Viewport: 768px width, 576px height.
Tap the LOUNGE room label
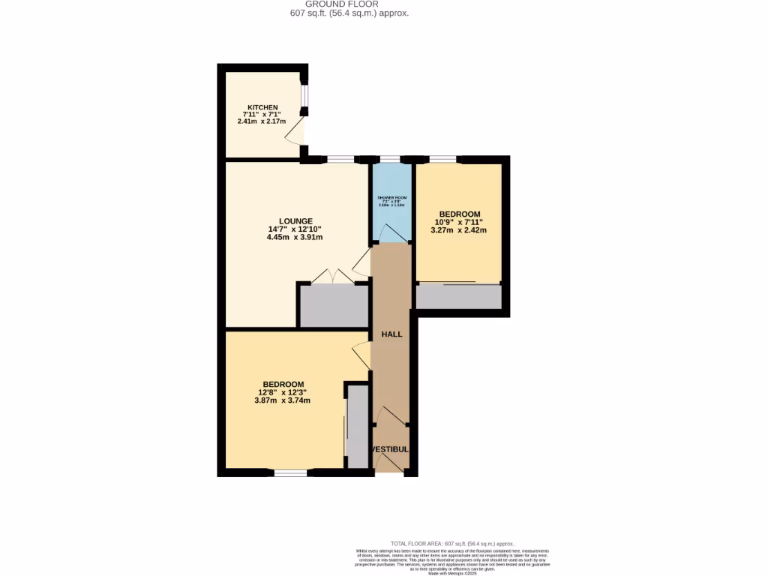[295, 220]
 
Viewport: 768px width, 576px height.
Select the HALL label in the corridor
[391, 334]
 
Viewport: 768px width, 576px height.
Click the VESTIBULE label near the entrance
[391, 449]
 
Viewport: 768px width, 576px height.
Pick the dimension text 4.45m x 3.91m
[295, 238]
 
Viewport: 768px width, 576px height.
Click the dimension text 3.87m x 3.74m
[283, 400]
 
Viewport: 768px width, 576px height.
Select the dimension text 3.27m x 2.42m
[459, 230]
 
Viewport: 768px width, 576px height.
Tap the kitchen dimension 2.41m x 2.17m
[262, 121]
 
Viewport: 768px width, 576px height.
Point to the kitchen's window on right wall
[304, 97]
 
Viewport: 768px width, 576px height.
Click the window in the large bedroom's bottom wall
[290, 472]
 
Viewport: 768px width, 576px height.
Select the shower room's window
[390, 159]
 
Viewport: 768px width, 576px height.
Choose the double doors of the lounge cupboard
[333, 276]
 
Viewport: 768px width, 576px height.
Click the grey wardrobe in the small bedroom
[458, 297]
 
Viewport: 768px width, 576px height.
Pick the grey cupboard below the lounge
[334, 306]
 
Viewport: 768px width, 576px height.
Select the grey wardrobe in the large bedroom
[357, 425]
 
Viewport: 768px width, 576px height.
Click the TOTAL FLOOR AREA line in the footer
[452, 543]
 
